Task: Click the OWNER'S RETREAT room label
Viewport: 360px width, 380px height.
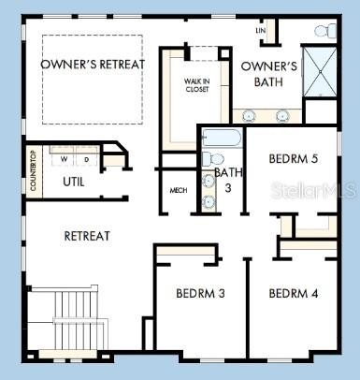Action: click(x=93, y=64)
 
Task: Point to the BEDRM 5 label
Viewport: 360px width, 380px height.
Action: click(x=294, y=159)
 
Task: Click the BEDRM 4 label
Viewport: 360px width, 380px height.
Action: click(x=294, y=294)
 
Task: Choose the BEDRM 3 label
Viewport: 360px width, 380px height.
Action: click(x=200, y=294)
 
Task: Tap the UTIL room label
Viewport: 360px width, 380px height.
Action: click(x=74, y=182)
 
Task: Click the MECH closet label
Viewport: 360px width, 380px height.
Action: click(x=178, y=191)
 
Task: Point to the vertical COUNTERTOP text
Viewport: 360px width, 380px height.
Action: click(x=34, y=171)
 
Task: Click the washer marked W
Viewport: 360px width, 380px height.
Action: click(x=65, y=159)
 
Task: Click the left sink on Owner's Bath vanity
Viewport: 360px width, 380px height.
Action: click(x=249, y=116)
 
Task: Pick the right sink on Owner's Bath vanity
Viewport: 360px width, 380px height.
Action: click(x=283, y=116)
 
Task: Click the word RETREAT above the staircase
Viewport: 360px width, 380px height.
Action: click(x=87, y=236)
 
